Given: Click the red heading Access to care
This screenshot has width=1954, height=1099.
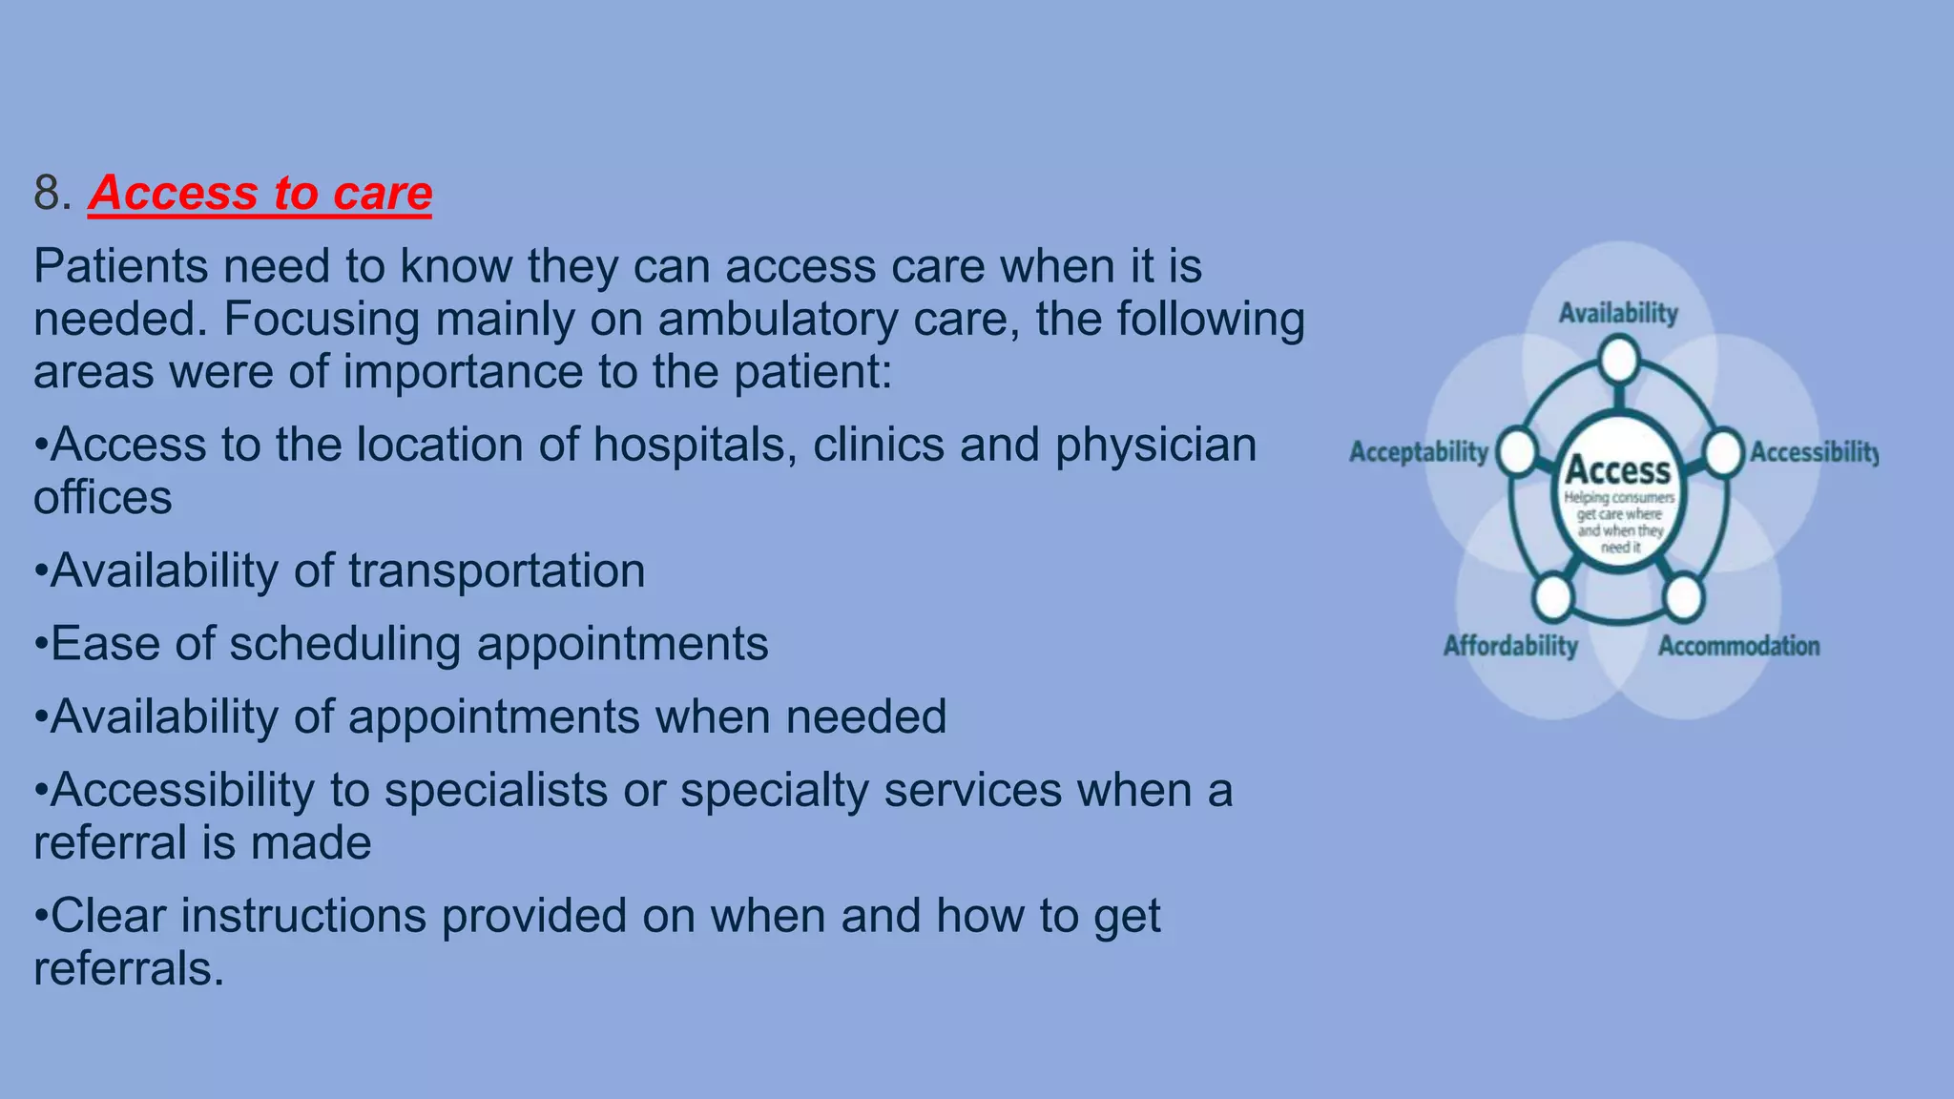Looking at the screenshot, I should pos(260,193).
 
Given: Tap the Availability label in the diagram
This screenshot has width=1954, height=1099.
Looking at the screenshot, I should pos(1618,313).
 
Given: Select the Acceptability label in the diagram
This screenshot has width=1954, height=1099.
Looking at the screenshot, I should pos(1418,452).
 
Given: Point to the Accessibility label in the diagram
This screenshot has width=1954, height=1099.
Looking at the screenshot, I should pos(1813,452).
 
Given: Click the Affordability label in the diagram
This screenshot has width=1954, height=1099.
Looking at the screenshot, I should pos(1510,646).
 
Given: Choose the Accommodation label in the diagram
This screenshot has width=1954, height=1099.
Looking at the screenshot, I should pos(1738,646).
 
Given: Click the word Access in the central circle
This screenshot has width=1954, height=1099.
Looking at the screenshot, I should pos(1618,470).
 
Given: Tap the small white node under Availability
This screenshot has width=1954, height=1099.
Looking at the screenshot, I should pos(1619,362).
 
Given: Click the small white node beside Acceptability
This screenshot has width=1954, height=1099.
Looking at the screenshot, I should pos(1516,452).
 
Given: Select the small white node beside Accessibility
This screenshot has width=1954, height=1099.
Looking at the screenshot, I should pos(1723,452).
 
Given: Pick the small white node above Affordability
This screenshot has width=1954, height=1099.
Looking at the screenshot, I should pos(1553,597).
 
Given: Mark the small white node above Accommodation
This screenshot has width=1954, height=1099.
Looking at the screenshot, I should pos(1683,597).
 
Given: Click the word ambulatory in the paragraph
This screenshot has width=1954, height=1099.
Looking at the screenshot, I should pos(778,320).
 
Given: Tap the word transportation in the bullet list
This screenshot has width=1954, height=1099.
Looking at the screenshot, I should pos(496,571).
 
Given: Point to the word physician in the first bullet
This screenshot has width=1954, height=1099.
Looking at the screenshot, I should pos(1155,446).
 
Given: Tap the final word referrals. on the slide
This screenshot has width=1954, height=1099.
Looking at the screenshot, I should pos(129,969).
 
